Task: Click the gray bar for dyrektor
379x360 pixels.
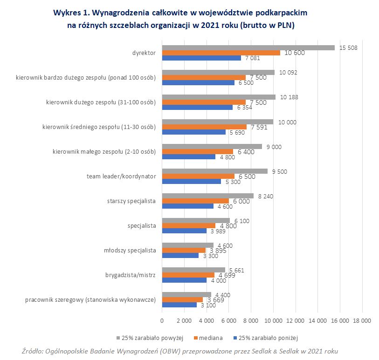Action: (248, 48)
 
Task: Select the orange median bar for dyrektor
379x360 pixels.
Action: (221, 53)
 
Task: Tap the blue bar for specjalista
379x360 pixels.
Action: (184, 231)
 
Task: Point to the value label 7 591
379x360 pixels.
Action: (260, 127)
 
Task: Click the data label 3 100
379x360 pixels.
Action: (208, 305)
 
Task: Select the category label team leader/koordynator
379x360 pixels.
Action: (121, 176)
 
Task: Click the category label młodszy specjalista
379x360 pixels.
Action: (130, 250)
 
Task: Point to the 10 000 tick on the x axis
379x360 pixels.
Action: (273, 320)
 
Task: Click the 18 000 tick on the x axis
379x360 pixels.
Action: (362, 320)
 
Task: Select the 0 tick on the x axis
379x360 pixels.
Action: (162, 320)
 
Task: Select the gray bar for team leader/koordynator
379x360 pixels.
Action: (214, 171)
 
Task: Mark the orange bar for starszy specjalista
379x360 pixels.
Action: (195, 201)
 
